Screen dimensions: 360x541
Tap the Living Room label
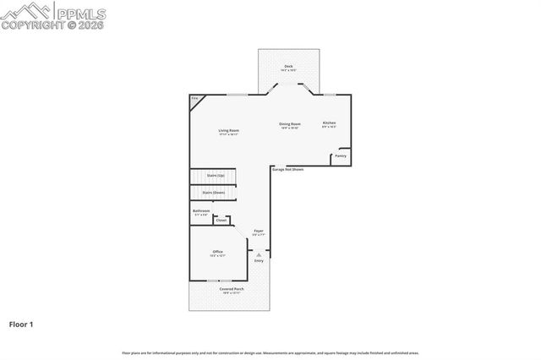[x=228, y=131]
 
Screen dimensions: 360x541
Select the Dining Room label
[x=290, y=124]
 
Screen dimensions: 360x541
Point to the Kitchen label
[x=329, y=124]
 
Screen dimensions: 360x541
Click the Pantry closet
[x=341, y=155]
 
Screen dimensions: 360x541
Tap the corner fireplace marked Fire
[x=194, y=100]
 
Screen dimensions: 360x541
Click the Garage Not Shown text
[x=287, y=169]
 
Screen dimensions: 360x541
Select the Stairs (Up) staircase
[x=214, y=176]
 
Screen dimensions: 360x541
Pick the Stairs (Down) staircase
[x=213, y=193]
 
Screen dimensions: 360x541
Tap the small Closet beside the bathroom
[x=221, y=221]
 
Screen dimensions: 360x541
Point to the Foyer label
[x=259, y=232]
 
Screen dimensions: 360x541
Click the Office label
[x=217, y=253]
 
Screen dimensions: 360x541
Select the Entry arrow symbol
[x=260, y=254]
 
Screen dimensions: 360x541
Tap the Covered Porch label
[x=231, y=291]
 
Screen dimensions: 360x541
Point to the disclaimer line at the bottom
[x=270, y=352]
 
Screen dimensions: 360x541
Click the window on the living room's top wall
[x=237, y=94]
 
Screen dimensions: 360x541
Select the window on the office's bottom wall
[x=220, y=280]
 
